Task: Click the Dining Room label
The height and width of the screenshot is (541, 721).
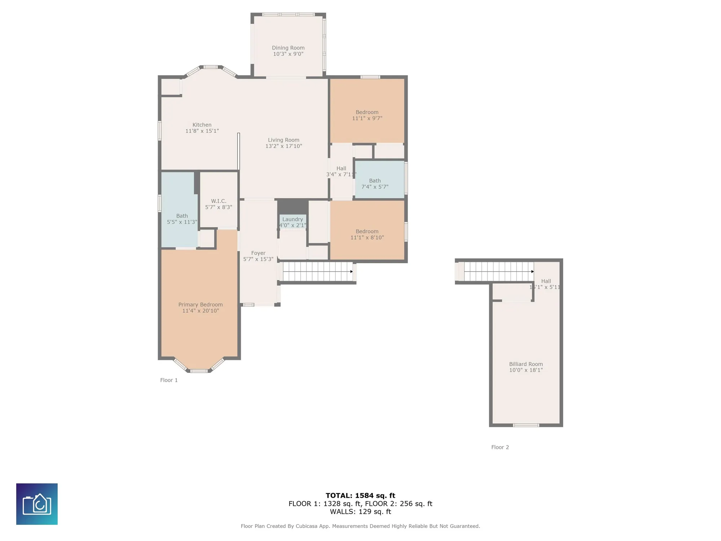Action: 288,48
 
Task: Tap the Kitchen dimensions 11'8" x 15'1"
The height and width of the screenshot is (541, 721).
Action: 202,131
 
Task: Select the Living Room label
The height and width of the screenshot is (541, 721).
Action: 283,140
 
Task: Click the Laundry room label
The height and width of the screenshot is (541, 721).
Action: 292,219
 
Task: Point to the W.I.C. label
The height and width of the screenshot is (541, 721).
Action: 218,201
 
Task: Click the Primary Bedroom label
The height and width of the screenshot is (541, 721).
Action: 200,304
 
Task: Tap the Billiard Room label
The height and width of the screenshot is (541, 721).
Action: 526,364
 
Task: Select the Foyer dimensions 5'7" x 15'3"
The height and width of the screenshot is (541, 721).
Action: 258,259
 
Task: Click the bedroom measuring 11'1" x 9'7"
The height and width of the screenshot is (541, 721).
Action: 367,115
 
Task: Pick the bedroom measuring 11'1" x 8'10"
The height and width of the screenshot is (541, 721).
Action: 367,234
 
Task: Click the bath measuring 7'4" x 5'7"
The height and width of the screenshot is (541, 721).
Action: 375,184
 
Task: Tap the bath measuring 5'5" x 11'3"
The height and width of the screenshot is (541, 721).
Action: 182,219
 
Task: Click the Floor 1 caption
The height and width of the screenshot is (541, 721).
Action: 169,380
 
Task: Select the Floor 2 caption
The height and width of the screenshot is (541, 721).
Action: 500,447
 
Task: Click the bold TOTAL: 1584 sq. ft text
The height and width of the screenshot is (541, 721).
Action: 360,496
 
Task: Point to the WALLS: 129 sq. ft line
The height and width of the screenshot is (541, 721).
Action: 360,511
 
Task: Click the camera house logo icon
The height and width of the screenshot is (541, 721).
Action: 37,504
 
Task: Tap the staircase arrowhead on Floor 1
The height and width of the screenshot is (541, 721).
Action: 351,272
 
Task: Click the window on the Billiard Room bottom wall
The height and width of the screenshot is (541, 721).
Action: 526,425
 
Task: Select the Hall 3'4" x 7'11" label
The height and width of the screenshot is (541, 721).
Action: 341,171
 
